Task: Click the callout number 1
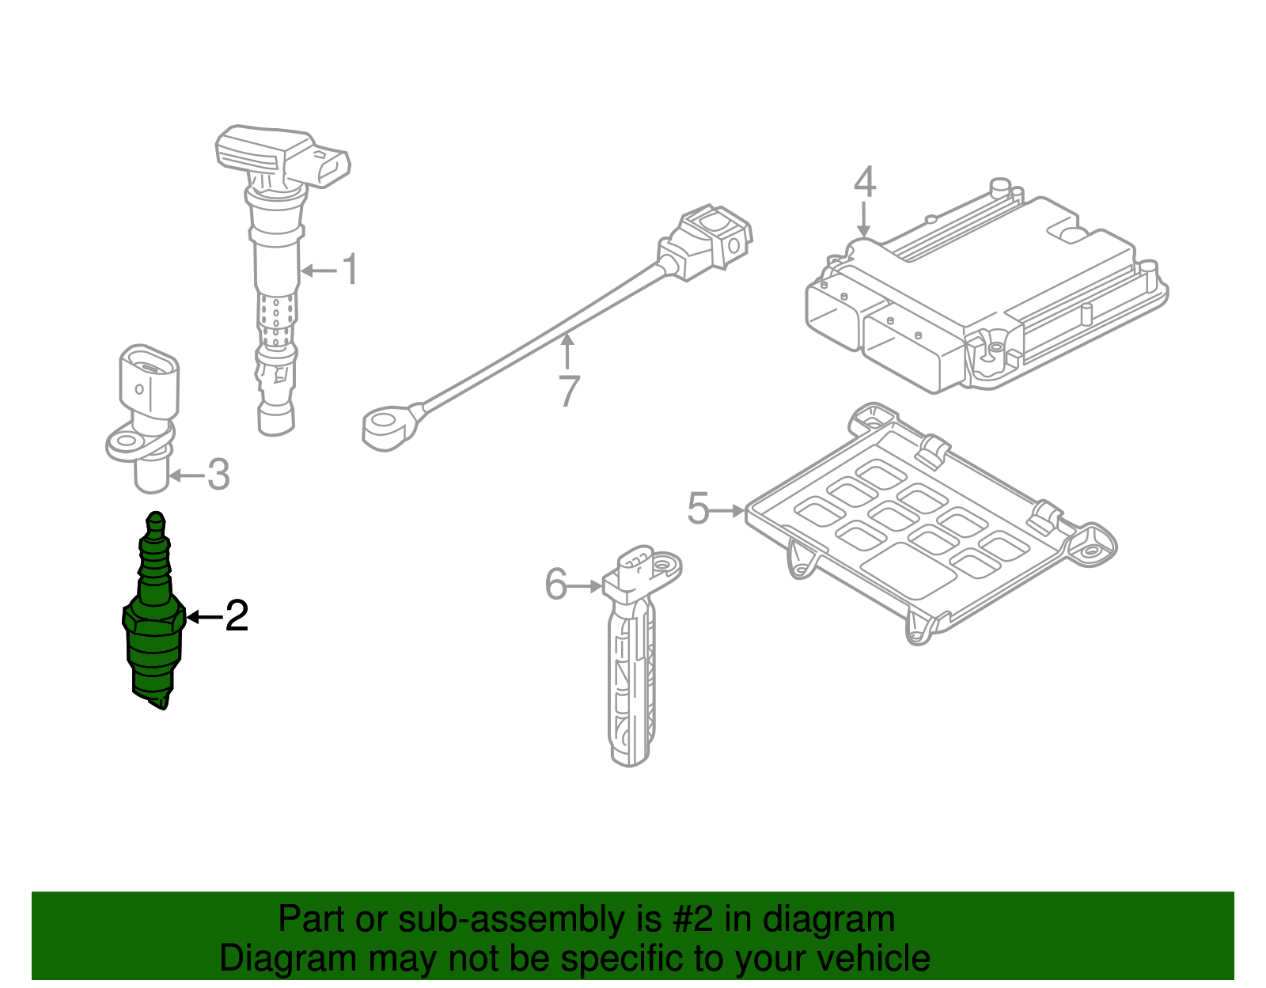pyautogui.click(x=350, y=270)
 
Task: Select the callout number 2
pyautogui.click(x=237, y=615)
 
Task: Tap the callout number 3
pyautogui.click(x=218, y=475)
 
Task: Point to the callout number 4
pyautogui.click(x=865, y=182)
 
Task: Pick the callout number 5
pyautogui.click(x=698, y=508)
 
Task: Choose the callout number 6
pyautogui.click(x=555, y=584)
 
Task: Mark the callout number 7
pyautogui.click(x=569, y=391)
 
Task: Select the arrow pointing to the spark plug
pyautogui.click(x=204, y=616)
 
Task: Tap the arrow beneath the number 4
pyautogui.click(x=863, y=219)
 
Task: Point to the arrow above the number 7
pyautogui.click(x=567, y=350)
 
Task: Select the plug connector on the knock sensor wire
pyautogui.click(x=706, y=241)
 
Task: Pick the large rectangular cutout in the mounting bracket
pyautogui.click(x=908, y=570)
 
